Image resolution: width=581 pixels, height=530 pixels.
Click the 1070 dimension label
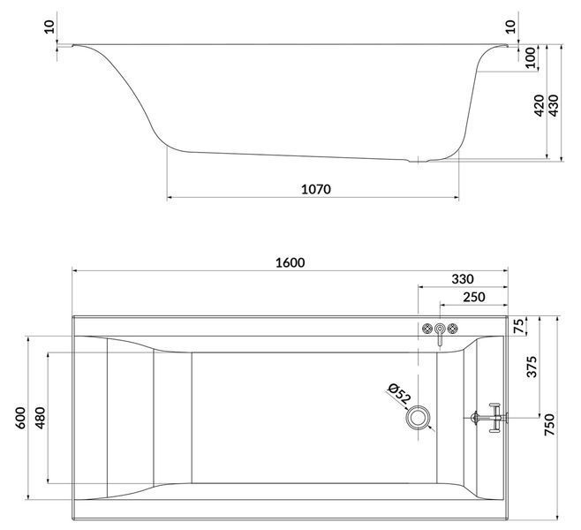[x=316, y=189]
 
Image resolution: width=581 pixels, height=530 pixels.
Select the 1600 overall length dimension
[x=290, y=262]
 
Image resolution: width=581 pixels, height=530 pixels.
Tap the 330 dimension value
[x=463, y=279]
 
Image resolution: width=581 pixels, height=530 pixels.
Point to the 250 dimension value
[x=474, y=297]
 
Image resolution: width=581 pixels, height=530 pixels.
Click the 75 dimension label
[x=520, y=326]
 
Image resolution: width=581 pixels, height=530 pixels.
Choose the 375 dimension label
[x=532, y=367]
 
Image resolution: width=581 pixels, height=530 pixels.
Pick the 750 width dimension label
[x=549, y=425]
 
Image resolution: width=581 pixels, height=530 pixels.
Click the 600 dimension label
[x=21, y=418]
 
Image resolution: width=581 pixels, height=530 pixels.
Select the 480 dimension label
[x=40, y=418]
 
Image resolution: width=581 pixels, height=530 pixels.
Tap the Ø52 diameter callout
[x=399, y=394]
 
